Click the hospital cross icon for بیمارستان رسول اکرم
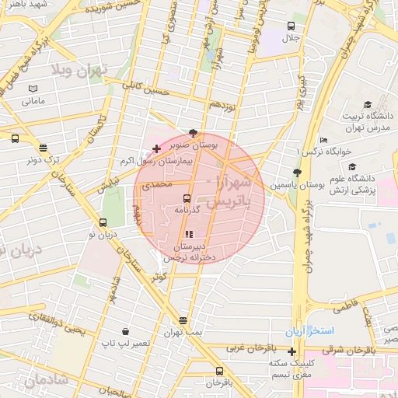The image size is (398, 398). coord(157,148)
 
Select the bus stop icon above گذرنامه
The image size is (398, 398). coord(187,198)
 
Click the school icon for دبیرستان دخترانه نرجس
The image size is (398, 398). coord(188,234)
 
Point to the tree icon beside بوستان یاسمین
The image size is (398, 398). coord(295,173)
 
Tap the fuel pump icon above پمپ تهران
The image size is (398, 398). coord(183,320)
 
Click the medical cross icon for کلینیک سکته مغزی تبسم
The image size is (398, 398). coord(292,352)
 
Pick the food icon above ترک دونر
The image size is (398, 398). coord(43,147)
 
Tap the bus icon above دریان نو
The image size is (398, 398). coord(103,222)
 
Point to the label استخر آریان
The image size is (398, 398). coord(309,332)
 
